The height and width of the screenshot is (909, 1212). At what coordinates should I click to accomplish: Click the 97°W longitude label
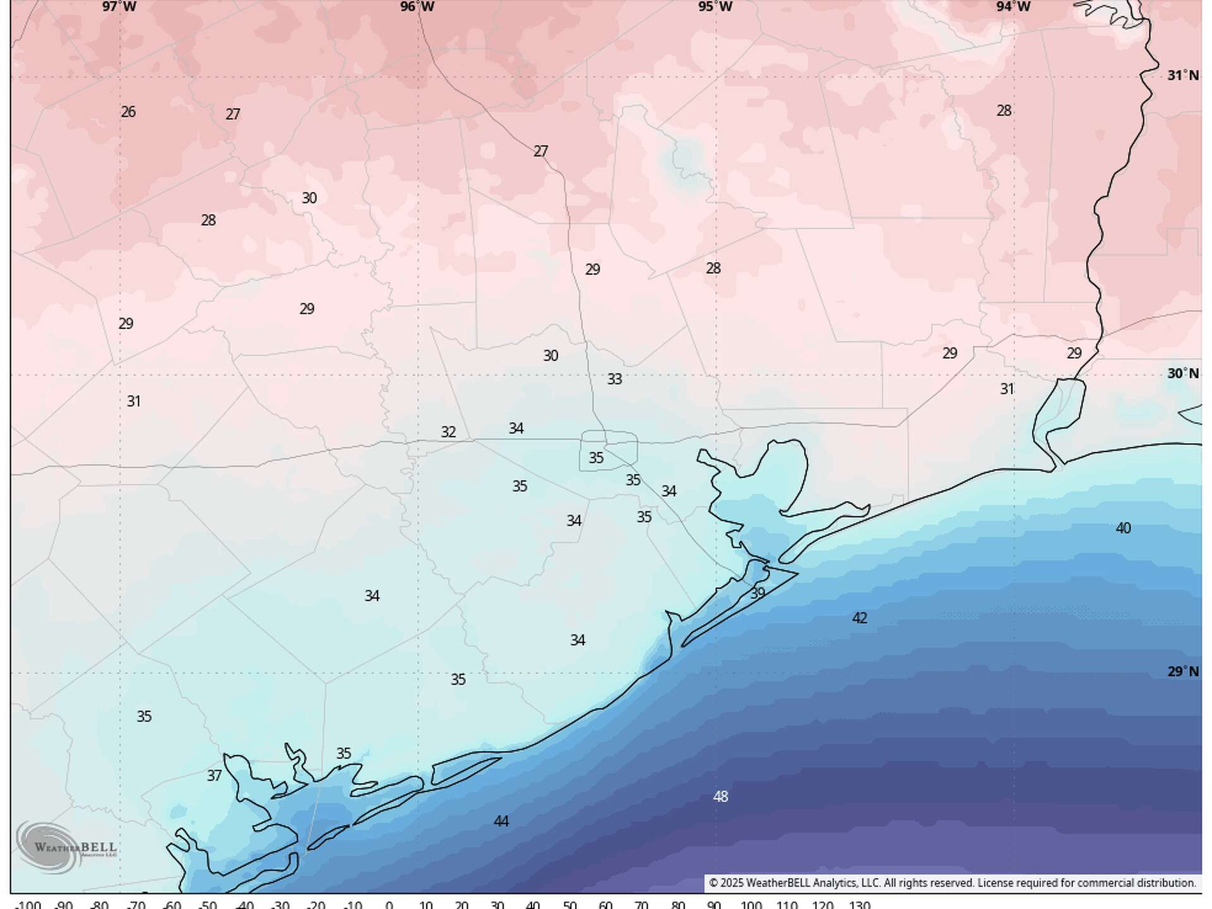[x=119, y=7]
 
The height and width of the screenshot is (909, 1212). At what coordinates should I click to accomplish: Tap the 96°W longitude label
[x=417, y=7]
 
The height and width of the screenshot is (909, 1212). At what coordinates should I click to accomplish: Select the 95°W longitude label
[x=715, y=7]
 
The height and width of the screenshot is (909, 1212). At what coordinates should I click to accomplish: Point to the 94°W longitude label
[x=1013, y=7]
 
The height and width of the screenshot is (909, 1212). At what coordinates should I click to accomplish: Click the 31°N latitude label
[x=1182, y=76]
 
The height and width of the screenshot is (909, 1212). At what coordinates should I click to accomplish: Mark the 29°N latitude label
[x=1182, y=672]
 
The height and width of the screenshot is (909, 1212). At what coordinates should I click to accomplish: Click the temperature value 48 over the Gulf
[x=720, y=797]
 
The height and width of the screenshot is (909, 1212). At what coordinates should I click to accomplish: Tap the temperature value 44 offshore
[x=501, y=821]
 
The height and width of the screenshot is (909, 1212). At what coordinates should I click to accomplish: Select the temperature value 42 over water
[x=859, y=618]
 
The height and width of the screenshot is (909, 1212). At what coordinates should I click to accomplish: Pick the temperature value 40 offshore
[x=1123, y=528]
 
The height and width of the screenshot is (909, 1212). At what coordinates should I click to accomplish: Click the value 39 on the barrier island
[x=757, y=593]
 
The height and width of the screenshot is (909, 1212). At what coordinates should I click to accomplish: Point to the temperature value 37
[x=214, y=775]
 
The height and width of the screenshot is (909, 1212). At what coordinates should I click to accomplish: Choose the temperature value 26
[x=128, y=112]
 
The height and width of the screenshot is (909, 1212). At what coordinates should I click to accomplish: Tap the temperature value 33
[x=614, y=379]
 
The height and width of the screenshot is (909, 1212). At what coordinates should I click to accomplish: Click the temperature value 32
[x=448, y=432]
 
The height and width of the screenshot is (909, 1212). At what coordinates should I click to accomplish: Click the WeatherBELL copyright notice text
[x=952, y=883]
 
